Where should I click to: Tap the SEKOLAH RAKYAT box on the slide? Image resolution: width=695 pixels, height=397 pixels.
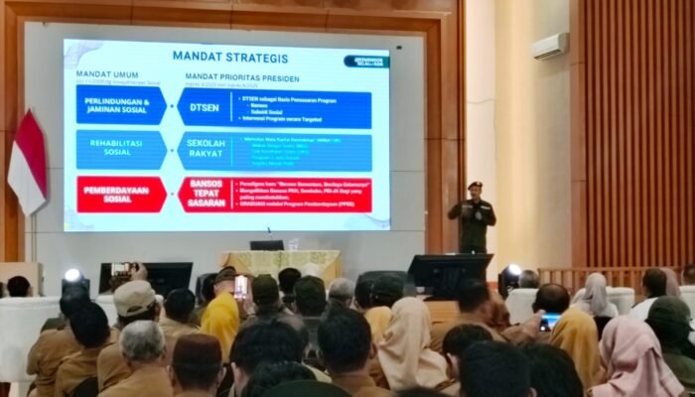click(207, 150)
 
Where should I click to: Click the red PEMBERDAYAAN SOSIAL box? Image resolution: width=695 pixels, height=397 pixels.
click(121, 195)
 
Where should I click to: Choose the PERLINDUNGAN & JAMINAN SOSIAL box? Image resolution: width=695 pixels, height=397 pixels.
click(121, 106)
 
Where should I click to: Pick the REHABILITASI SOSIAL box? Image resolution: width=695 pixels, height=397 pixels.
click(121, 150)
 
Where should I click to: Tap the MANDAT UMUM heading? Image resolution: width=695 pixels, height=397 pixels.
click(102, 74)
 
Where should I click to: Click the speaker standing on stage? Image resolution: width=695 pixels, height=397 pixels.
click(473, 218)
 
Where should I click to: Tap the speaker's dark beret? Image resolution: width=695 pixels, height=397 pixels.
click(475, 185)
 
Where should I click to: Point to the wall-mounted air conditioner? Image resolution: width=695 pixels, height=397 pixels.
click(549, 46)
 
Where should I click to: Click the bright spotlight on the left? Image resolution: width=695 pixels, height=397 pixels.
click(72, 276)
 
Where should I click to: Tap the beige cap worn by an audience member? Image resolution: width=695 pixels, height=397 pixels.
click(133, 296)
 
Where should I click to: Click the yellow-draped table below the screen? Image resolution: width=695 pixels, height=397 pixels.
click(282, 264)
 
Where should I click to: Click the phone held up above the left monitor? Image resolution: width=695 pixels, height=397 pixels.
click(120, 269)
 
